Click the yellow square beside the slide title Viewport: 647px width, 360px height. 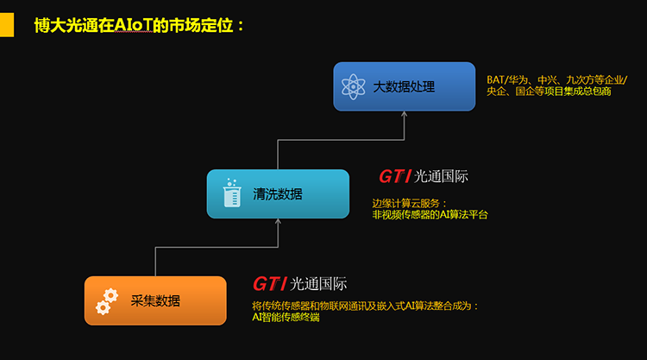(7, 25)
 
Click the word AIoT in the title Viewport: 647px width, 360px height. (134, 25)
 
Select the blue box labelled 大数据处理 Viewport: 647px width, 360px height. (405, 86)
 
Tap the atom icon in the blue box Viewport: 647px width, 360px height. (353, 86)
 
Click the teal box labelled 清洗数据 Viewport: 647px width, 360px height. (278, 193)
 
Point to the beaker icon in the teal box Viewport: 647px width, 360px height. (232, 193)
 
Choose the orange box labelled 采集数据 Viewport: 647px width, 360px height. (155, 300)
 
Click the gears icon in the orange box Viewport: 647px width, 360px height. (107, 302)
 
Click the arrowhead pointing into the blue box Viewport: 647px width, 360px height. (405, 114)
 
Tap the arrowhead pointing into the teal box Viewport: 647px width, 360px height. (278, 222)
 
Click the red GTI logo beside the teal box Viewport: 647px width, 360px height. (395, 177)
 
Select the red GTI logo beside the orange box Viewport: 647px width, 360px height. (269, 284)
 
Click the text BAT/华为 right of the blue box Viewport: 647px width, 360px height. (507, 79)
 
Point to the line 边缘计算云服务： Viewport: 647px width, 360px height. (409, 203)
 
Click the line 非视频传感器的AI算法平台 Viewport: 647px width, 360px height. (430, 215)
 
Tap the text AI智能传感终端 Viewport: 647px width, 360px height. (286, 317)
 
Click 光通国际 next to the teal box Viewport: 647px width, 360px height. (441, 177)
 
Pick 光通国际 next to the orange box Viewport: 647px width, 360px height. (318, 284)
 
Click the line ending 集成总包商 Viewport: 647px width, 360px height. (549, 92)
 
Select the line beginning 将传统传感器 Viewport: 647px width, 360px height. (365, 306)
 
